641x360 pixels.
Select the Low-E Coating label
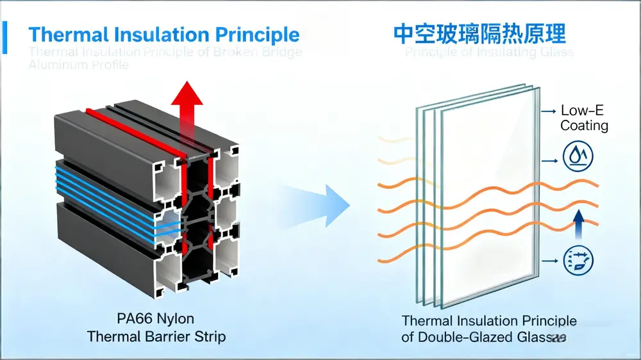(x=583, y=118)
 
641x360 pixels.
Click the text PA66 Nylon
(x=156, y=319)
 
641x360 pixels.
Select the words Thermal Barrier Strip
(x=156, y=336)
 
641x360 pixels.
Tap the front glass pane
(x=487, y=192)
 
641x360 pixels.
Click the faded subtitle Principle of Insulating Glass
(x=489, y=52)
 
